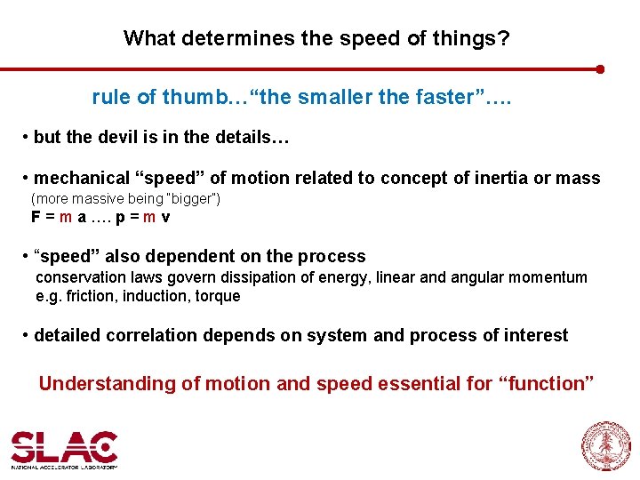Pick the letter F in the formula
pos(35,216)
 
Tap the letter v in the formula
pos(166,216)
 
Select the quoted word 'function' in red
pos(546,384)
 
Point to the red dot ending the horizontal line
pos(601,68)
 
